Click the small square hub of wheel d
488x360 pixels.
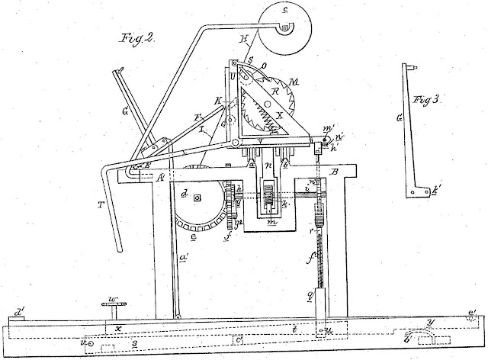[x=197, y=200]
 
